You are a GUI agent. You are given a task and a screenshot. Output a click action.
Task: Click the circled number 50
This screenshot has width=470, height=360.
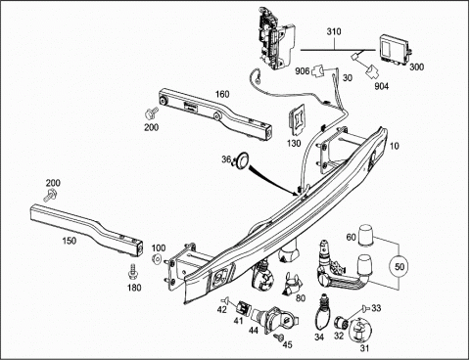399,266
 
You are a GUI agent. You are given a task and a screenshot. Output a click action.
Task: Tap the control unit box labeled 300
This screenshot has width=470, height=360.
395,49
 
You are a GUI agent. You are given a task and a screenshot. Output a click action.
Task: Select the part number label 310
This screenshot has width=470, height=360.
334,31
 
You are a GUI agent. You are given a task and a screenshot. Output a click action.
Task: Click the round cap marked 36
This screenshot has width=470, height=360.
243,158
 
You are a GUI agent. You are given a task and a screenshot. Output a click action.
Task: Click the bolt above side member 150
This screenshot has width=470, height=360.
50,195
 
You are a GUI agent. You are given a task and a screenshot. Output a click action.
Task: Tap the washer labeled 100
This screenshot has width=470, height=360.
157,259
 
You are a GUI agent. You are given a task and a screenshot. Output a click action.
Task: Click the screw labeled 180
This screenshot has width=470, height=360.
133,272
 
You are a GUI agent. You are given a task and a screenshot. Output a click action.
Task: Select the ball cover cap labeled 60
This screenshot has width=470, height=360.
366,235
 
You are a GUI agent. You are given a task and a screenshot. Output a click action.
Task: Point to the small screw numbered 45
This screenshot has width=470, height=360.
278,337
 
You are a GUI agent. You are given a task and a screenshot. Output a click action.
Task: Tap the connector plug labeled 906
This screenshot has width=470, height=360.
318,70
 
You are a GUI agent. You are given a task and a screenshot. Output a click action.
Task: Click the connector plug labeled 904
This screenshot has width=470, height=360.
372,71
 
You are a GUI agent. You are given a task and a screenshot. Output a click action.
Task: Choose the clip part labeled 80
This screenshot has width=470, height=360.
292,284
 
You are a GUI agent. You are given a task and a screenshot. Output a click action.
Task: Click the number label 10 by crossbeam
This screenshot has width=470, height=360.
395,146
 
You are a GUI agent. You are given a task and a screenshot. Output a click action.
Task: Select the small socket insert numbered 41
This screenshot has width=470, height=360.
243,308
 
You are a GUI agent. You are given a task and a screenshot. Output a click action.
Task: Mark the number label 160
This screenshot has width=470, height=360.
222,94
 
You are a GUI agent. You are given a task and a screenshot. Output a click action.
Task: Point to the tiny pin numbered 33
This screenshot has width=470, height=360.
365,307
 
